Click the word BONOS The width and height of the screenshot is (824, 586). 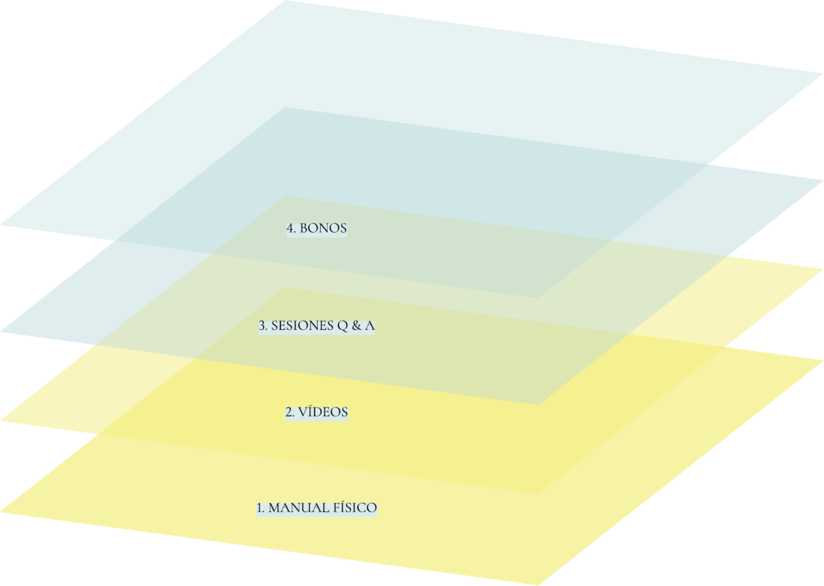point(323,228)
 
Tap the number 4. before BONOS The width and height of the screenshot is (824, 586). point(291,228)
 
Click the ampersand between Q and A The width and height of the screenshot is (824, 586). point(356,326)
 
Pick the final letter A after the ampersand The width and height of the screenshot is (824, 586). point(369,326)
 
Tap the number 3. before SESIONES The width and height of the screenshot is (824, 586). point(263,326)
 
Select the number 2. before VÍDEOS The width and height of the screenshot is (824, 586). point(290,412)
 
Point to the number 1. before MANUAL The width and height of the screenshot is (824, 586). point(261,508)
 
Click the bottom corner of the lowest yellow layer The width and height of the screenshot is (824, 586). point(538,585)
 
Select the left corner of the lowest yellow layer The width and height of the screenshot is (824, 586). point(1,512)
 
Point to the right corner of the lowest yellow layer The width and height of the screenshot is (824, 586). point(822,360)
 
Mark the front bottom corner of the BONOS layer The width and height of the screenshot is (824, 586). point(538,297)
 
